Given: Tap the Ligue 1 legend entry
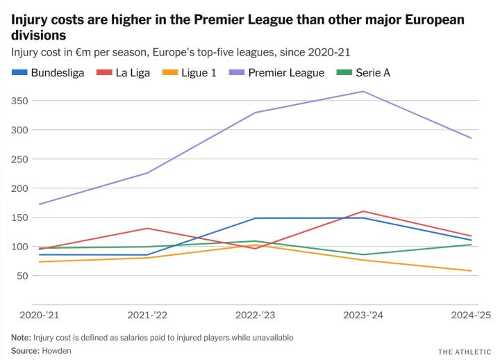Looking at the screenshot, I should coord(197,72).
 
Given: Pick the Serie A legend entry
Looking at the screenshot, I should coord(372,72).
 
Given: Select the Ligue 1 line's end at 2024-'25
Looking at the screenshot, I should coord(472,271).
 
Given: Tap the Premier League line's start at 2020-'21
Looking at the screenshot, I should coord(40,204).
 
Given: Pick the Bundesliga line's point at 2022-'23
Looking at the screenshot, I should coord(256,218).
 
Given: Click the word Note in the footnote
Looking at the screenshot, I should coord(20,337).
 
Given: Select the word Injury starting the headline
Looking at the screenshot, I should coord(28,20).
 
